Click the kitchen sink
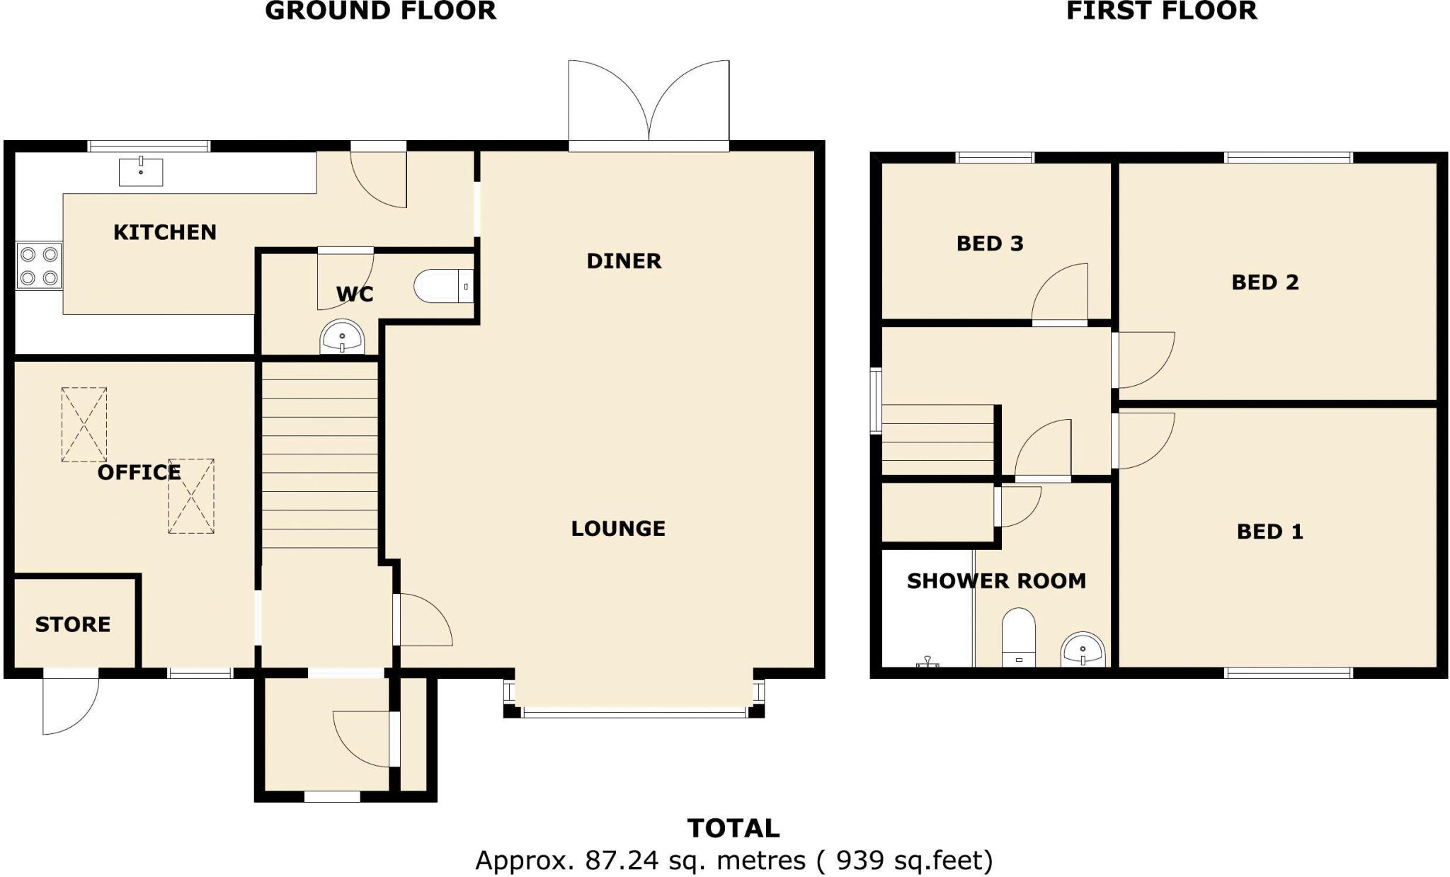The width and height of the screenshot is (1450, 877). pos(141,172)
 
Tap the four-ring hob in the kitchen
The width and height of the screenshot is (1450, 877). pos(39,265)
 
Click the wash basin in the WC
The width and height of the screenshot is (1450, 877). pos(343,338)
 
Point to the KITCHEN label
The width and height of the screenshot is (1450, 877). pos(165,232)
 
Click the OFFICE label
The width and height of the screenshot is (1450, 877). pos(139,472)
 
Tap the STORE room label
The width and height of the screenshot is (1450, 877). pos(73,624)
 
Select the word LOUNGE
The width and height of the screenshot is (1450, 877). pos(618,528)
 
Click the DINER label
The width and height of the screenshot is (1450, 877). pos(624,261)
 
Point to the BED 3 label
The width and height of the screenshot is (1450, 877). pos(990,243)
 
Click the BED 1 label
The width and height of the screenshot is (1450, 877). pos(1269,532)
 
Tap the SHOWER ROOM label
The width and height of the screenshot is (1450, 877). pos(996,581)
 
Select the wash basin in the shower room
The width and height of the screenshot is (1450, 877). pos(1083,650)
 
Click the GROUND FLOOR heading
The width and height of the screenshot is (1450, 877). pos(380,11)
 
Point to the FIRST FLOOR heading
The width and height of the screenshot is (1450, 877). pos(1161,11)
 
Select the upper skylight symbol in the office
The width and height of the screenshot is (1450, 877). pos(84,425)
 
